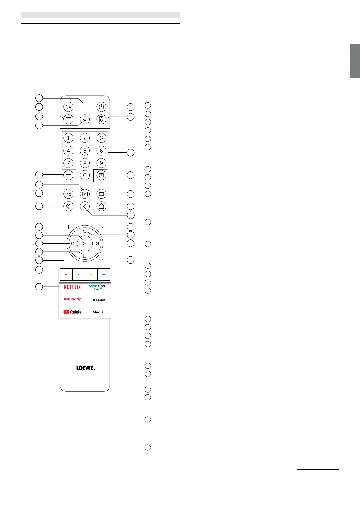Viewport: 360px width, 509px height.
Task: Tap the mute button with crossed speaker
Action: click(69, 107)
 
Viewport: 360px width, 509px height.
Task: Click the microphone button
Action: click(85, 119)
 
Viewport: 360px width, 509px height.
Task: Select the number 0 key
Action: click(85, 175)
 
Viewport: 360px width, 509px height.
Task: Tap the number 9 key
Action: click(101, 163)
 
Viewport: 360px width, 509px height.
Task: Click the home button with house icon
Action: click(101, 206)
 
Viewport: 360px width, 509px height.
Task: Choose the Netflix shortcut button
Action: click(73, 287)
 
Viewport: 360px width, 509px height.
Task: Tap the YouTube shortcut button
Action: click(73, 312)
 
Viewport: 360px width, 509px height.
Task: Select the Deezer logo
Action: click(97, 300)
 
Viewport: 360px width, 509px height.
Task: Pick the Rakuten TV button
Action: click(73, 300)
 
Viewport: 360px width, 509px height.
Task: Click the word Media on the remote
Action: click(98, 312)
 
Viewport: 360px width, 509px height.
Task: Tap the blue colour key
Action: click(104, 275)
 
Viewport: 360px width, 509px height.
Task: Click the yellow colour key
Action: click(91, 275)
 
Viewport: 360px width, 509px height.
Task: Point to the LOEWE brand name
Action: click(85, 368)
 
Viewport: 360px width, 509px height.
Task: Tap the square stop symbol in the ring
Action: click(85, 256)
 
